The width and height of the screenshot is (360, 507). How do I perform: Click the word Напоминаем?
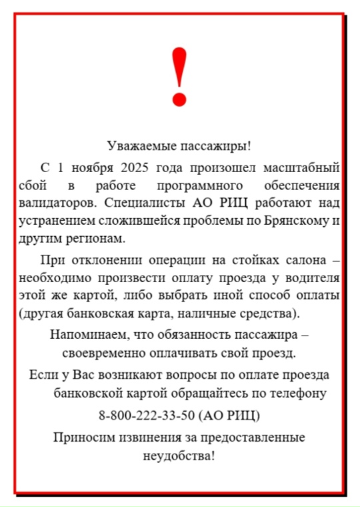point(83,334)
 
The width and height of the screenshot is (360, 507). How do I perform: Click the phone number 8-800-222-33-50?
point(147,416)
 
